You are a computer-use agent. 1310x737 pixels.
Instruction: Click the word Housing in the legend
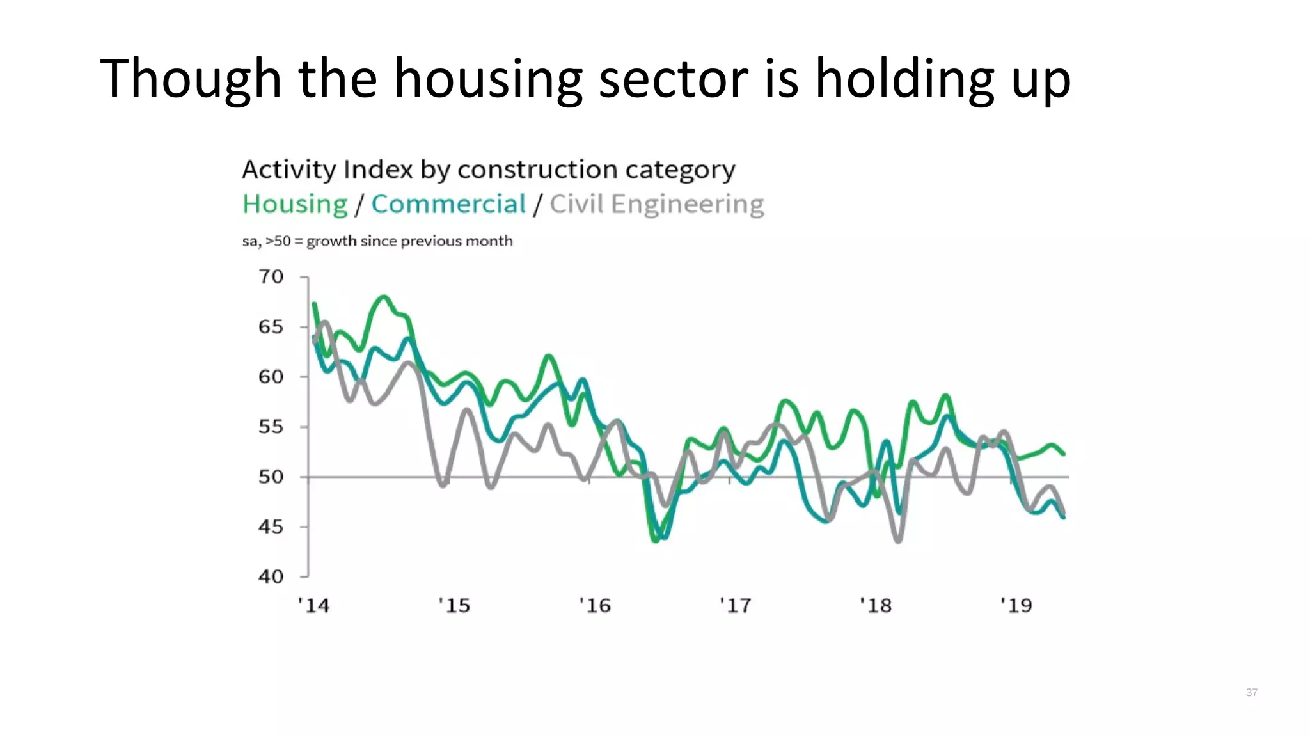[x=295, y=205]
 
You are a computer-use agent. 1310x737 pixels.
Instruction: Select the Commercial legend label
[x=448, y=205]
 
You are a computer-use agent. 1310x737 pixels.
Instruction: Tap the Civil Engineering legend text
[x=657, y=205]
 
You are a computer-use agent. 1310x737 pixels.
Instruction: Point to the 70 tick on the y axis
[x=271, y=277]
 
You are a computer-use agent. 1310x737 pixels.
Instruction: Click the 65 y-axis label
[x=271, y=327]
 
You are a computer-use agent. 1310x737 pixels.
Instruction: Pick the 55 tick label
[x=271, y=427]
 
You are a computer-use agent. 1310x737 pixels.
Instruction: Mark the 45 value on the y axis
[x=271, y=527]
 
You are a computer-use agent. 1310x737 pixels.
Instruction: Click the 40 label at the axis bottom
[x=271, y=576]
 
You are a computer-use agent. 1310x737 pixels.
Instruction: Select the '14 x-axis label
[x=313, y=605]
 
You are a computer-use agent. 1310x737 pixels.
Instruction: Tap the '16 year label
[x=595, y=605]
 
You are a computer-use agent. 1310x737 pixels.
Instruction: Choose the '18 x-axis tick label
[x=876, y=605]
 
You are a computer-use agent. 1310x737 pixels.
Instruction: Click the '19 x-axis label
[x=1016, y=605]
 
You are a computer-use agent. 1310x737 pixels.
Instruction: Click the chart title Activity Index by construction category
[x=489, y=170]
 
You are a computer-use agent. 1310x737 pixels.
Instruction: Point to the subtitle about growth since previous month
[x=377, y=241]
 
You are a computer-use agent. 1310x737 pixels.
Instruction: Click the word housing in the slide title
[x=487, y=79]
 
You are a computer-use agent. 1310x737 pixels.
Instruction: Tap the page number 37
[x=1252, y=692]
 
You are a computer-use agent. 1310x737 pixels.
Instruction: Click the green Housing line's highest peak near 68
[x=384, y=297]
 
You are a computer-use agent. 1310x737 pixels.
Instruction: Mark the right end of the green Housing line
[x=1064, y=454]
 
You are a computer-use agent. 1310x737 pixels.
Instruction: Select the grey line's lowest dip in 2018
[x=899, y=541]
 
